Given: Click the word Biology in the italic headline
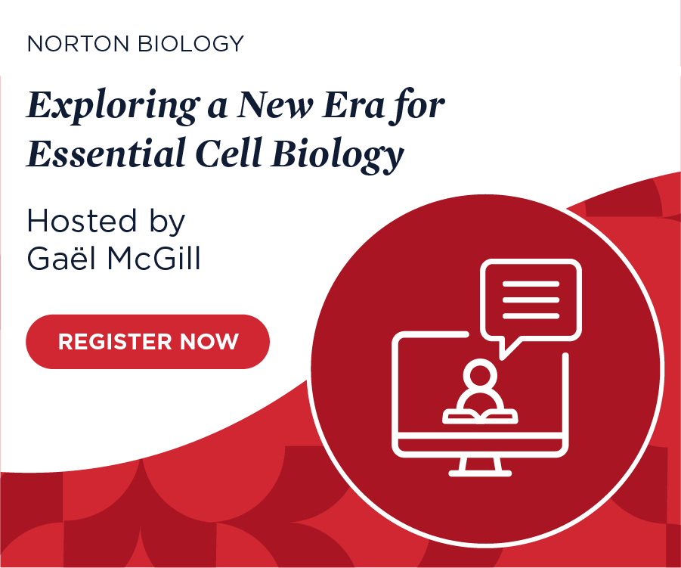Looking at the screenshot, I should (x=337, y=155).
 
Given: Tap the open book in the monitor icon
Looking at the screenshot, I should (x=480, y=415).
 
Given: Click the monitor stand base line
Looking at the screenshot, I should (x=480, y=473).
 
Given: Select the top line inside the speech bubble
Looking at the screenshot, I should (x=530, y=284).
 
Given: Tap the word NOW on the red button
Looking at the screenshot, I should (x=209, y=342).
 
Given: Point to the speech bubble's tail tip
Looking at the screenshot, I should (x=504, y=355).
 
